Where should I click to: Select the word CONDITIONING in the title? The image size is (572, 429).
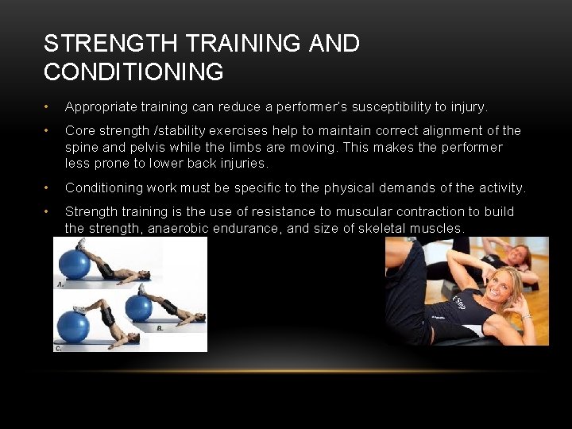point(133,72)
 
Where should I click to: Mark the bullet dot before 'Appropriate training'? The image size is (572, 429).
point(48,107)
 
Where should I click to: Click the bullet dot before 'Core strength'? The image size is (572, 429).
point(48,131)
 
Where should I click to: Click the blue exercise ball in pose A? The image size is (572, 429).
point(74,264)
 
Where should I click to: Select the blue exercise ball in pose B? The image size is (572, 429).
point(139,307)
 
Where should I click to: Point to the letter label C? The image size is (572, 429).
point(58,347)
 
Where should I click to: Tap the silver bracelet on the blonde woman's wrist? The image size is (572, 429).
point(526,316)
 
